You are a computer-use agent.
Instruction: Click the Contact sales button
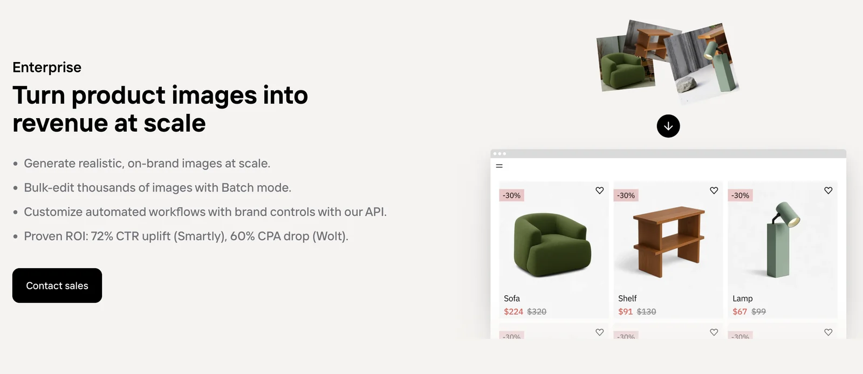57,285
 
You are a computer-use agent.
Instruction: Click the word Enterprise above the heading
47,67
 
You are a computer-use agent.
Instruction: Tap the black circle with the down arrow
668,126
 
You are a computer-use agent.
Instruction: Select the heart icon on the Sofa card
599,191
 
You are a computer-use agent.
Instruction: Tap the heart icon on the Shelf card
714,191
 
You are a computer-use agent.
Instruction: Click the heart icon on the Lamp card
828,191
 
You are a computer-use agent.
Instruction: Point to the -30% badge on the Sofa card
512,195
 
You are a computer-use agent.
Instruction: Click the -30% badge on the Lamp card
740,195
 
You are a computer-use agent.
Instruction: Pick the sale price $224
513,311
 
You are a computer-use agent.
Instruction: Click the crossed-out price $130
647,311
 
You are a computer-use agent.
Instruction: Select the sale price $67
739,311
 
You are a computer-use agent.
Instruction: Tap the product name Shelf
627,298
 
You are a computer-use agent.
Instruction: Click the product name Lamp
742,298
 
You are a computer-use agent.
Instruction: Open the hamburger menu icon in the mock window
499,166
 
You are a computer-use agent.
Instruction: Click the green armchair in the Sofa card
552,244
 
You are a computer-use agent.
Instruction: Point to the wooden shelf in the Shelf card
668,242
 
